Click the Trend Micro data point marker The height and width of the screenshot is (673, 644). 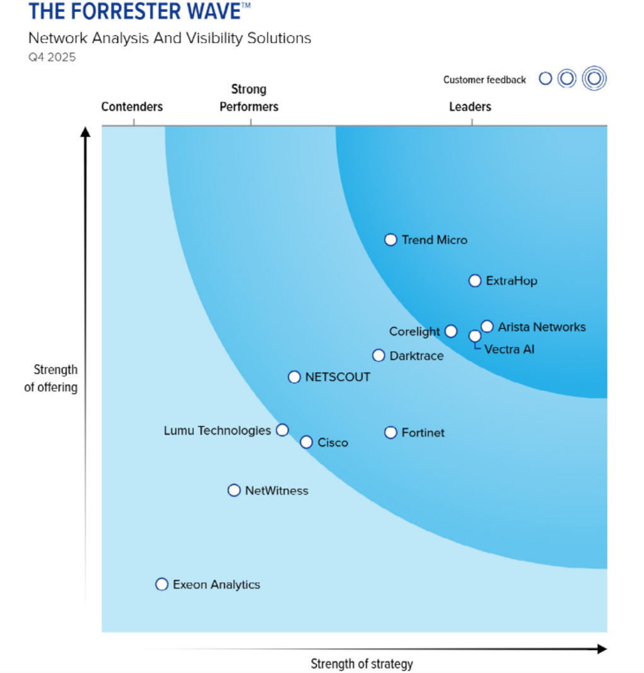point(390,240)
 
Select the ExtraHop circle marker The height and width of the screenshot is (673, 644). point(475,281)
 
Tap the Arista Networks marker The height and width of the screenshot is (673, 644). point(487,326)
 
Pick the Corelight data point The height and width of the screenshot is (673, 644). point(450,331)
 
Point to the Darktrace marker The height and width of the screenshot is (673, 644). point(378,355)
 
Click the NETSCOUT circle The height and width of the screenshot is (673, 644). point(294,377)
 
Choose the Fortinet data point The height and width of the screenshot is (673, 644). point(390,433)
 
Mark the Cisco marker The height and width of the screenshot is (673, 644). point(306,442)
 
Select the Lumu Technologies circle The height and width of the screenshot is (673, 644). point(283,430)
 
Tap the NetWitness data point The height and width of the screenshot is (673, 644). point(234,490)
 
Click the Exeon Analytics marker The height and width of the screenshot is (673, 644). point(162,584)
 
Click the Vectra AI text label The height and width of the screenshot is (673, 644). point(509,349)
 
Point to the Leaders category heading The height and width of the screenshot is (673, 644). point(470,107)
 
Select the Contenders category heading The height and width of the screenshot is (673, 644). point(132,107)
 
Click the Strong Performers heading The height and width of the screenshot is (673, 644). point(249,98)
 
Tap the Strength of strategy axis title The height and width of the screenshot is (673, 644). point(361,664)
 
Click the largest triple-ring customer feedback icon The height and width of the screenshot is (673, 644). point(594,78)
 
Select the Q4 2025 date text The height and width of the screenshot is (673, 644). point(52,57)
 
